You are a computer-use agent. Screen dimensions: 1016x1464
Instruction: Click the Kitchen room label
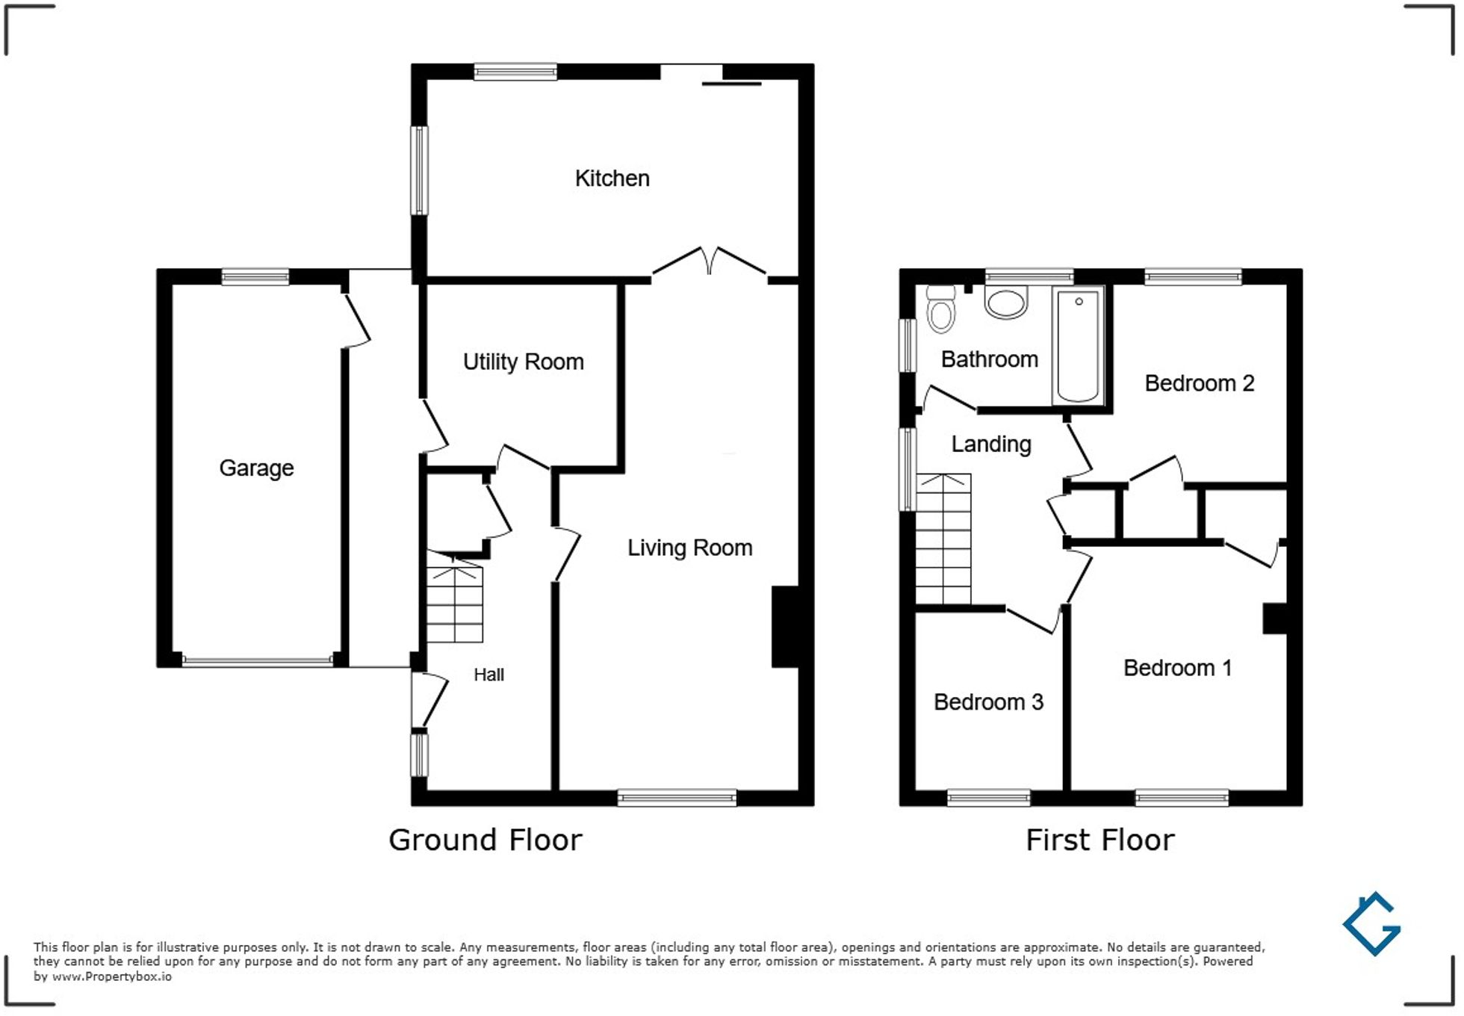coord(612,179)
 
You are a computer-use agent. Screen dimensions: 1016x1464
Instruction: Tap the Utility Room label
coord(523,362)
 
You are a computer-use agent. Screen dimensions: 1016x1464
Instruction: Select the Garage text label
coord(256,468)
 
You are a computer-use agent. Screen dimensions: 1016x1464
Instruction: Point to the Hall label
coord(488,675)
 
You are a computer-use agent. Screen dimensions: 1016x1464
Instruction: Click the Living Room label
coord(689,548)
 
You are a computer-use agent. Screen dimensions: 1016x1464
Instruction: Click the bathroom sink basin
coord(1005,303)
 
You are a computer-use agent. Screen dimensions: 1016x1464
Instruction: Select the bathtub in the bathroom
coord(1078,346)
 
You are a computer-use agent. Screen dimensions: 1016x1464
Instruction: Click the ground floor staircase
coord(454,603)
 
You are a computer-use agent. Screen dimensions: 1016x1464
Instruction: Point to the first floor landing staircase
coord(943,539)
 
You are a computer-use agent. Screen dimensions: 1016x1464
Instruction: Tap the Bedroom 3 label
coord(987,702)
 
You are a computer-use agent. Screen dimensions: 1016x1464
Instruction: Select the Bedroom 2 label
coord(1199,383)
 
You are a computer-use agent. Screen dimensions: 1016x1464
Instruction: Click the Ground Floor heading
coord(486,840)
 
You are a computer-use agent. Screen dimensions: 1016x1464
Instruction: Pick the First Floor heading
coord(1099,840)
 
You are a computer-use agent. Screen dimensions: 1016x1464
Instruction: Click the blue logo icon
coord(1371,924)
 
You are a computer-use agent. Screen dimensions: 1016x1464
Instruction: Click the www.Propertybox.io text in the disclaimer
coord(111,976)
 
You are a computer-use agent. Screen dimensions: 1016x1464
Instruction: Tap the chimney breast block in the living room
coord(786,626)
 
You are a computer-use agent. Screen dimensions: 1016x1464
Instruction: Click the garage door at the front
coord(258,660)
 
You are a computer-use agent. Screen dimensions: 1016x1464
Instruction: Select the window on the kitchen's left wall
coord(420,170)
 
